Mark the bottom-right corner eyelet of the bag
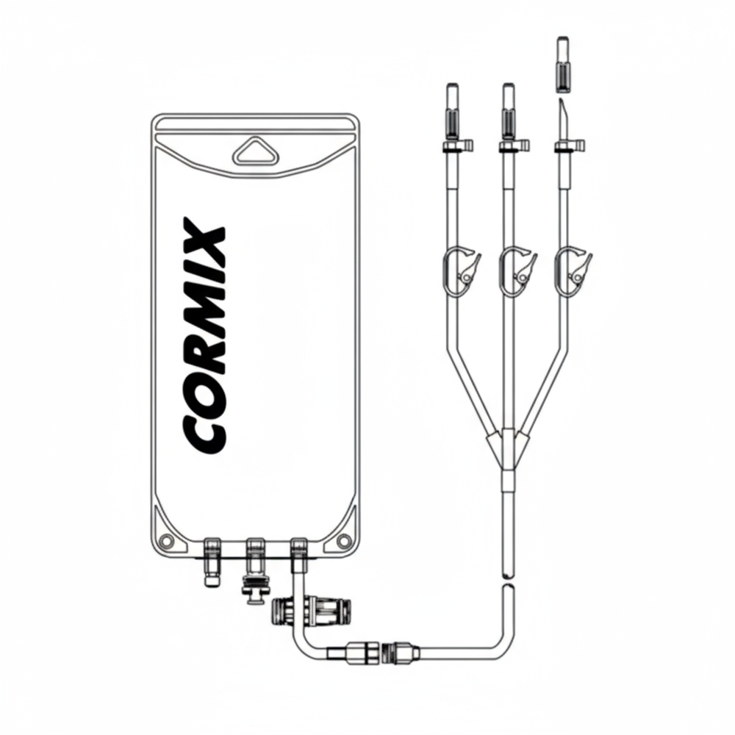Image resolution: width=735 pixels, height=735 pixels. click(343, 542)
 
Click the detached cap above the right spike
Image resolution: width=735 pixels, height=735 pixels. click(563, 62)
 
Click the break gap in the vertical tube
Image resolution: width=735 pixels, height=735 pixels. click(507, 581)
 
